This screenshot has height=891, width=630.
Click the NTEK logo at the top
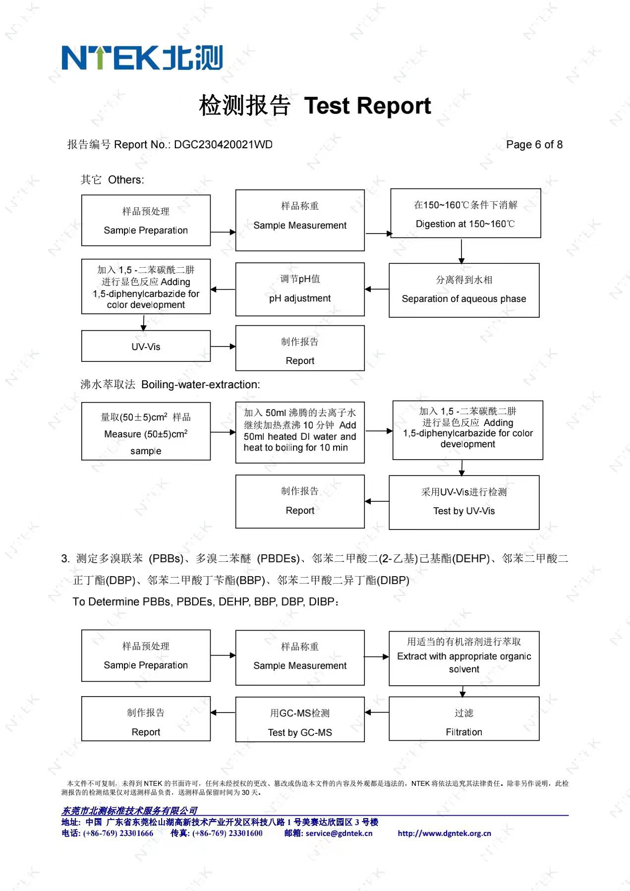(142, 58)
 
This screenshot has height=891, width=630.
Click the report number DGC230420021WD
(224, 145)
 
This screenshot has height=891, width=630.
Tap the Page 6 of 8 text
(534, 145)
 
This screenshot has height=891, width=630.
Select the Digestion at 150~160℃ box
(465, 213)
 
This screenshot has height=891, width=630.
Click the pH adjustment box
(300, 290)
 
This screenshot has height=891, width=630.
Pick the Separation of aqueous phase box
(464, 290)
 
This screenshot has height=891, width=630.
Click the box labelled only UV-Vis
(146, 346)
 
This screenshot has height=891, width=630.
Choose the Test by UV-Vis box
(464, 502)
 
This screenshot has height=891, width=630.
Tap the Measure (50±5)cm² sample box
(146, 431)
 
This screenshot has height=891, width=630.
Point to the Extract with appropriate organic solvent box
(464, 658)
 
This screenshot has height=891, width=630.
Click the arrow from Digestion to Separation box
(461, 251)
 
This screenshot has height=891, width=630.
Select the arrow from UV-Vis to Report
(223, 347)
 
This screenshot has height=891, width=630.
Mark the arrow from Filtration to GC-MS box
(377, 713)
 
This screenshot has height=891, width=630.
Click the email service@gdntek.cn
(339, 833)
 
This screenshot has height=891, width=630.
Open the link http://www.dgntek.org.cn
(444, 833)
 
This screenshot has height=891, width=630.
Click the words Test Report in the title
(367, 106)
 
